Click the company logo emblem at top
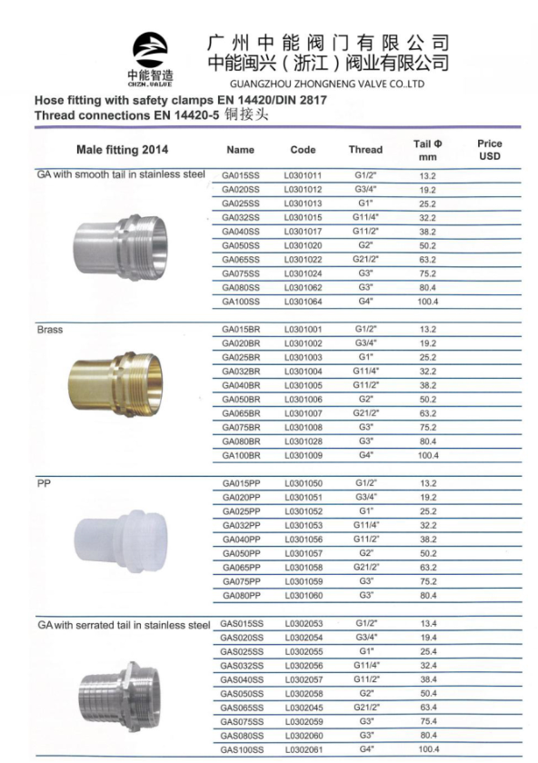point(150,50)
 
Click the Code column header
point(303,150)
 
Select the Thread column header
point(365,150)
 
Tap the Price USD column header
point(489,150)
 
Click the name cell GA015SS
point(241,175)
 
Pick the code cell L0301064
point(304,302)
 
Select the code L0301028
point(304,441)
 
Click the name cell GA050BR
point(241,400)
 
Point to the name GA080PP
point(242,596)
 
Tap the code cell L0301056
point(304,540)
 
